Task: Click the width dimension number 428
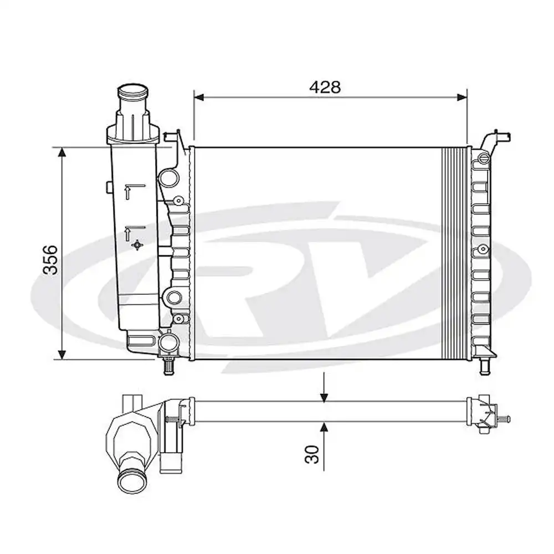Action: (x=325, y=87)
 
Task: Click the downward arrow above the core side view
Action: (x=324, y=395)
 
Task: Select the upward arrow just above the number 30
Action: (x=324, y=427)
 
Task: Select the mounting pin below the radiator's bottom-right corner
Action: (x=484, y=366)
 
